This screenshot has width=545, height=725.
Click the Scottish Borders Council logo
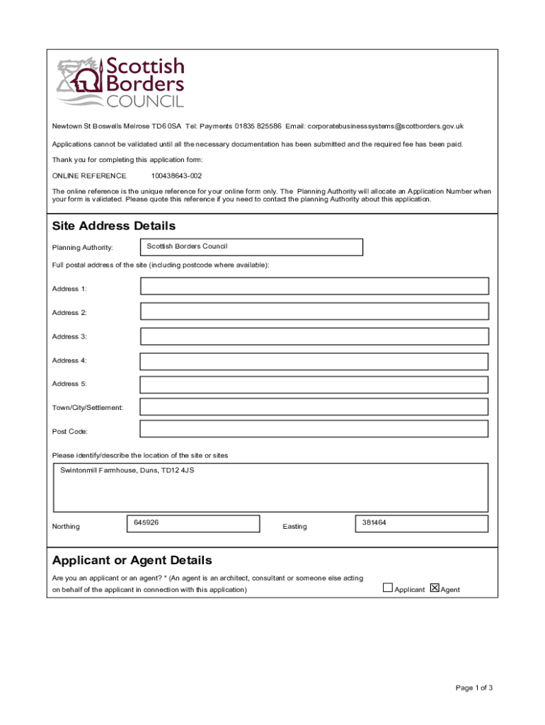120,83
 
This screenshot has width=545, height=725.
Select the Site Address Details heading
113,226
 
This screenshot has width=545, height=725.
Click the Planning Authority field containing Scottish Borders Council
251,247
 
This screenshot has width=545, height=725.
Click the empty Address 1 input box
314,286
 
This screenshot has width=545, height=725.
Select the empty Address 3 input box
314,337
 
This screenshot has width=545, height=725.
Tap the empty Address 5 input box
314,384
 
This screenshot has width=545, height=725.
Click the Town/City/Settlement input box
314,406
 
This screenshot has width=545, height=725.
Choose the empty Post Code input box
314,429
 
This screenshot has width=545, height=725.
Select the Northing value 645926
146,523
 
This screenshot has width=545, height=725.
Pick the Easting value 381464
374,523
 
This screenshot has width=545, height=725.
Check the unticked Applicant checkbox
387,588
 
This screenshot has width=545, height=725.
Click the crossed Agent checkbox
435,588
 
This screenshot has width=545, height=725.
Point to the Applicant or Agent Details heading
132,560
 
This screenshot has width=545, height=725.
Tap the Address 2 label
69,313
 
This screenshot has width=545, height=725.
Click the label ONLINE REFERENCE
89,176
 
